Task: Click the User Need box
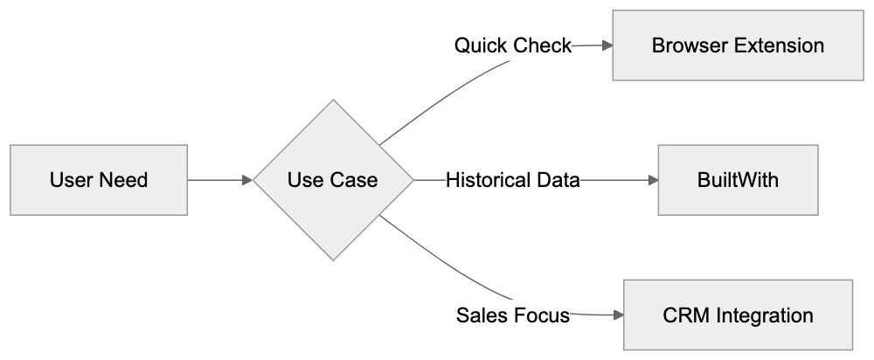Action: [99, 181]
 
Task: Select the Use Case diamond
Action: [333, 181]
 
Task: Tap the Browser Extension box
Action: [738, 45]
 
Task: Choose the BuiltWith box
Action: [738, 181]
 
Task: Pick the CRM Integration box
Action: [738, 315]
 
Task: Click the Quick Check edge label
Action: [512, 45]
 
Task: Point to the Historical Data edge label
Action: [512, 181]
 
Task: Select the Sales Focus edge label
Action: [512, 315]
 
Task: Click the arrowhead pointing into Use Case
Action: [247, 181]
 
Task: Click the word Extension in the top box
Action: [780, 45]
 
